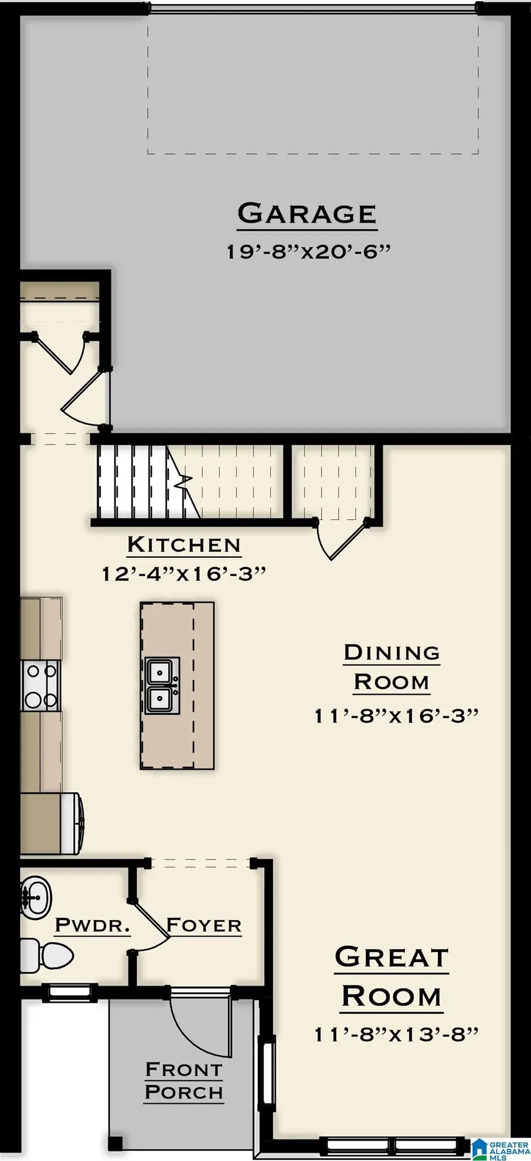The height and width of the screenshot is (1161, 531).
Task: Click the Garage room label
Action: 307,214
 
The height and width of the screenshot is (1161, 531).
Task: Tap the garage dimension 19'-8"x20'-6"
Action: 309,252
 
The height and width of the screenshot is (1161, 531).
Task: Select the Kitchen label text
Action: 184,545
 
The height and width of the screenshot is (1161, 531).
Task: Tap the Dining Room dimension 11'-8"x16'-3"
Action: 396,716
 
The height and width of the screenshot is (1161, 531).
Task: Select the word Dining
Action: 392,653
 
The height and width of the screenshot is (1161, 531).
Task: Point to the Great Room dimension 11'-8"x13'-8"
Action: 396,1034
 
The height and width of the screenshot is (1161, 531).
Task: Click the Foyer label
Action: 204,925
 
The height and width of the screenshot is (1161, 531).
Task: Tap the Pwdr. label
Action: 92,925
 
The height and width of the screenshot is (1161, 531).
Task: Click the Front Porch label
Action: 184,1081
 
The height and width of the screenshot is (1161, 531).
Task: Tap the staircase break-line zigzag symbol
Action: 184,481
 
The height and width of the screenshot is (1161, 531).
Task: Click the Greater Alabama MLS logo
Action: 500,1149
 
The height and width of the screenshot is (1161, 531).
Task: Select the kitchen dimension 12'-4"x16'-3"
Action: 184,574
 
